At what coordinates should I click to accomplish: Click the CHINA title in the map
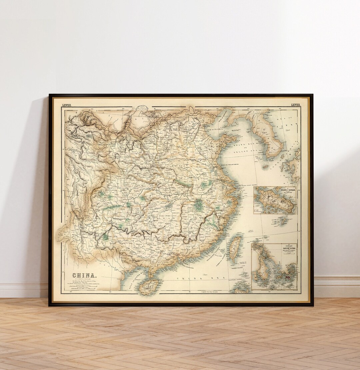click(x=84, y=275)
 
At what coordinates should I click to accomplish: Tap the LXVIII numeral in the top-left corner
click(x=66, y=105)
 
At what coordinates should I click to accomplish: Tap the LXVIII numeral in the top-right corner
click(x=295, y=105)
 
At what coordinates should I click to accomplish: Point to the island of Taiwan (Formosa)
click(x=235, y=248)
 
